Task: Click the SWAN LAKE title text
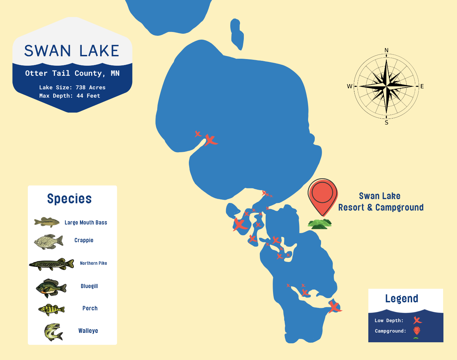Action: click(72, 51)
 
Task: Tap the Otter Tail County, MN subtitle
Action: click(72, 73)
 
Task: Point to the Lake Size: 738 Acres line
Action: click(72, 88)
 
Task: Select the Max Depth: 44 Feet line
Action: click(70, 96)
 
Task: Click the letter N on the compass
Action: click(386, 50)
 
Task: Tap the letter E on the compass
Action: click(422, 86)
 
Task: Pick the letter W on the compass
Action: click(350, 86)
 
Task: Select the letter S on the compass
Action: click(386, 123)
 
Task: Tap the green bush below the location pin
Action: click(320, 224)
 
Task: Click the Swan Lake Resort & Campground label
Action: click(380, 202)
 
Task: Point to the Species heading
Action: click(70, 199)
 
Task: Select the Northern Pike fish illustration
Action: click(52, 264)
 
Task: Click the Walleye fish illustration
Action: click(53, 332)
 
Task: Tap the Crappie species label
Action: click(84, 240)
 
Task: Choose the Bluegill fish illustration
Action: click(51, 288)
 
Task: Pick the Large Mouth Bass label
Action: click(86, 222)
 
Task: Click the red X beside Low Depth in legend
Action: click(417, 320)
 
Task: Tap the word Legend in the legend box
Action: click(402, 298)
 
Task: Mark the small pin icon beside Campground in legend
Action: click(417, 330)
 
